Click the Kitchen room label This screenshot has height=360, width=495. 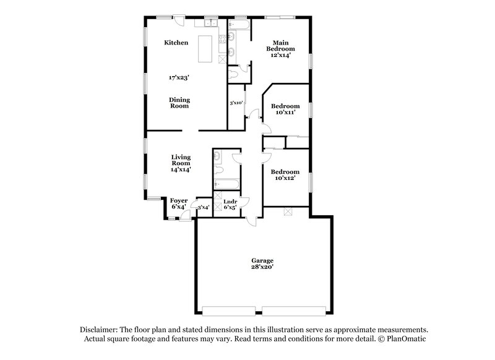[176, 43]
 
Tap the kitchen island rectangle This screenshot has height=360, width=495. [205, 49]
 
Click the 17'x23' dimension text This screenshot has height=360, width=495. [179, 79]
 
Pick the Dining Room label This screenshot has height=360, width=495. [180, 103]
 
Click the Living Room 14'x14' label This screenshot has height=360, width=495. [181, 163]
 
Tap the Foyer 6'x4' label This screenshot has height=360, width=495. [179, 203]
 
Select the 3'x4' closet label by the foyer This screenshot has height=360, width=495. [203, 208]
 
